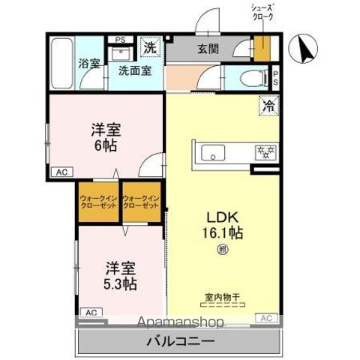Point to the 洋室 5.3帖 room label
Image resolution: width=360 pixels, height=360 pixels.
[x=120, y=274]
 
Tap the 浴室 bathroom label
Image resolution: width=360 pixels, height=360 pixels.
[x=89, y=64]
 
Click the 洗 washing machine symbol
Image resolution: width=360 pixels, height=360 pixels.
[x=150, y=46]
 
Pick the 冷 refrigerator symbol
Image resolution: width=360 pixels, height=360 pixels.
[x=268, y=106]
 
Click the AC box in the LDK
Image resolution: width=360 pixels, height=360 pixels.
[x=265, y=319]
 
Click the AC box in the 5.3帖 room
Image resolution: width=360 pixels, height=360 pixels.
[x=89, y=312]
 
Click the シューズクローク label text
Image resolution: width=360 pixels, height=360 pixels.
[x=262, y=11]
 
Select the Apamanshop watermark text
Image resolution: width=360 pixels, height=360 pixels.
[x=181, y=323]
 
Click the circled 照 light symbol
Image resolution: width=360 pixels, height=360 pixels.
[x=222, y=250]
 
